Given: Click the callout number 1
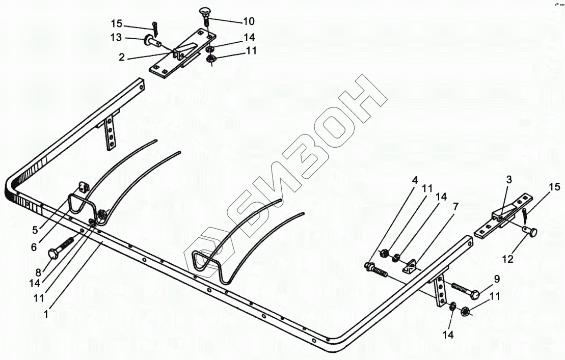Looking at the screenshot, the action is pyautogui.click(x=46, y=315).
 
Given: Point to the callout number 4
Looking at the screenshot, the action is pyautogui.click(x=415, y=180).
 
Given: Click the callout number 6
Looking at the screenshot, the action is pyautogui.click(x=34, y=247).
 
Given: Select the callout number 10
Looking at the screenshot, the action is pyautogui.click(x=248, y=21).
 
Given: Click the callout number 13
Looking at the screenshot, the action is pyautogui.click(x=117, y=37).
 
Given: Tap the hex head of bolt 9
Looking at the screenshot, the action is pyautogui.click(x=474, y=294).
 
